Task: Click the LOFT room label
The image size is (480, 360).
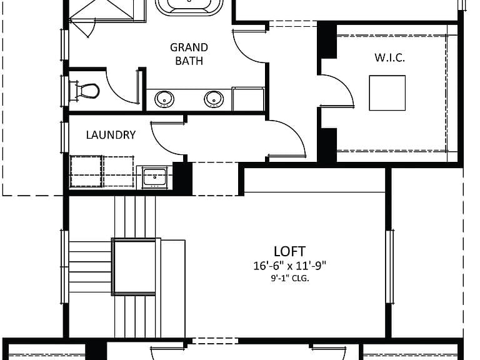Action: point(289,251)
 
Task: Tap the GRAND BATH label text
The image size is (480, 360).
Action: point(189,54)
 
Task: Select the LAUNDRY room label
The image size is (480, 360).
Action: point(111,135)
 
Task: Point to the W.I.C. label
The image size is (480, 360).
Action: point(390,57)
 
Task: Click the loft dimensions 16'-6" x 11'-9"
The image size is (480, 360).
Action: point(289,266)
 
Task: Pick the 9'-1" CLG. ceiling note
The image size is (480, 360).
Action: point(289,279)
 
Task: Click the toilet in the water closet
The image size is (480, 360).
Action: point(84,91)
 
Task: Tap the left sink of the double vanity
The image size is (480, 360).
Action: point(164,99)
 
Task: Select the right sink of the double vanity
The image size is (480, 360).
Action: point(214,99)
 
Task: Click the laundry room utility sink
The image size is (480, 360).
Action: point(154,177)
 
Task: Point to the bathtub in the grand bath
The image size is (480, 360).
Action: point(189,7)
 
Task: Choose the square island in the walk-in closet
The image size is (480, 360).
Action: point(387,92)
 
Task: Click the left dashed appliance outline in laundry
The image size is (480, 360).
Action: point(86,171)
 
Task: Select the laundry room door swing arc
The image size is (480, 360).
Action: point(162,143)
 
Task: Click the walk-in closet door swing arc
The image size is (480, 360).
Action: point(344,85)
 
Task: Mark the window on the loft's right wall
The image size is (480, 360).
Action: point(389,266)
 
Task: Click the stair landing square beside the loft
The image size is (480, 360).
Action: point(134,267)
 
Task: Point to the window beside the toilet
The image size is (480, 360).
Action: point(64,91)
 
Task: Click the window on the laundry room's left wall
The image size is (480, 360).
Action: point(64,137)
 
